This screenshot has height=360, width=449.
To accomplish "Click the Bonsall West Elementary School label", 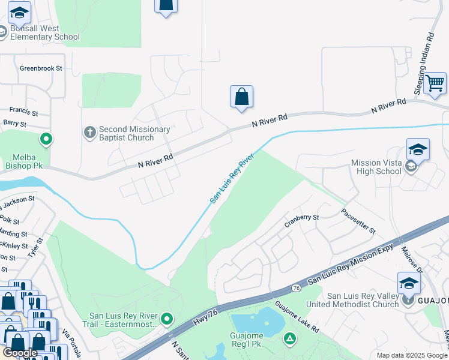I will tap(44, 32).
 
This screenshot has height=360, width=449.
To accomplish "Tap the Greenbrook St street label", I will tap(41, 68).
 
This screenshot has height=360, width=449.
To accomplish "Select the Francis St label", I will tap(23, 112).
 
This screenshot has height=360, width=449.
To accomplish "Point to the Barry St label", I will tap(15, 124).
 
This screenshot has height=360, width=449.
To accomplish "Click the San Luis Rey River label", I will tap(232, 178).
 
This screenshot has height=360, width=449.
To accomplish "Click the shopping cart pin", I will tap(435, 83).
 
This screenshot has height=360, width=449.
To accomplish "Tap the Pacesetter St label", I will tap(358, 221).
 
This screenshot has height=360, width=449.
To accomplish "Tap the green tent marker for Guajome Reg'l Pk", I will tap(290, 339).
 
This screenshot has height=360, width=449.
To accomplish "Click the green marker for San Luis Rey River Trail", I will tap(167, 317).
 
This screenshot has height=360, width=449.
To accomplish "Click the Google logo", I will tap(20, 353).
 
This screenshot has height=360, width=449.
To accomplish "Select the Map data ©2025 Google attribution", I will tap(412, 355).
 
